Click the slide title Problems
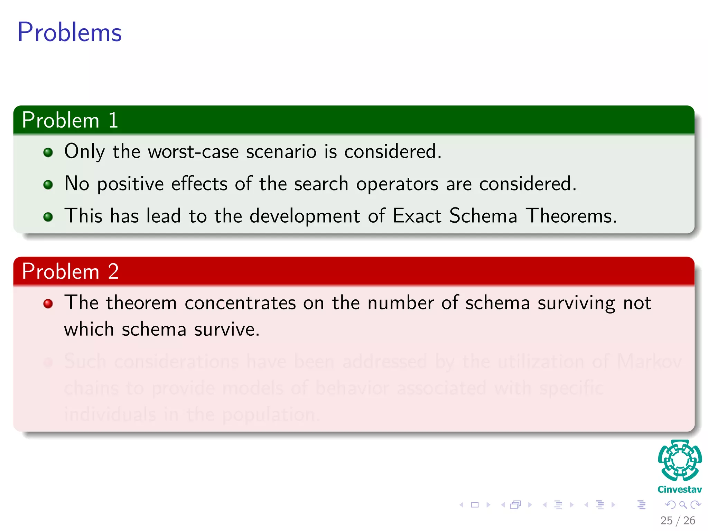69,32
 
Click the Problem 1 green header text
70,120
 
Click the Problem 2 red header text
70,271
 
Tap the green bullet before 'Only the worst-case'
48,152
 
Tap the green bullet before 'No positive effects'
48,185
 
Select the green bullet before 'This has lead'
48,217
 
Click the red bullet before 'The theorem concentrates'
48,304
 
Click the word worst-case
193,152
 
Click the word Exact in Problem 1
417,216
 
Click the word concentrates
240,303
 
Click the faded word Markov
649,362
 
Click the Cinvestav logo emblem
680,460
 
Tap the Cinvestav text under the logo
680,490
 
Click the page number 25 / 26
678,521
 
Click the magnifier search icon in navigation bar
683,505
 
